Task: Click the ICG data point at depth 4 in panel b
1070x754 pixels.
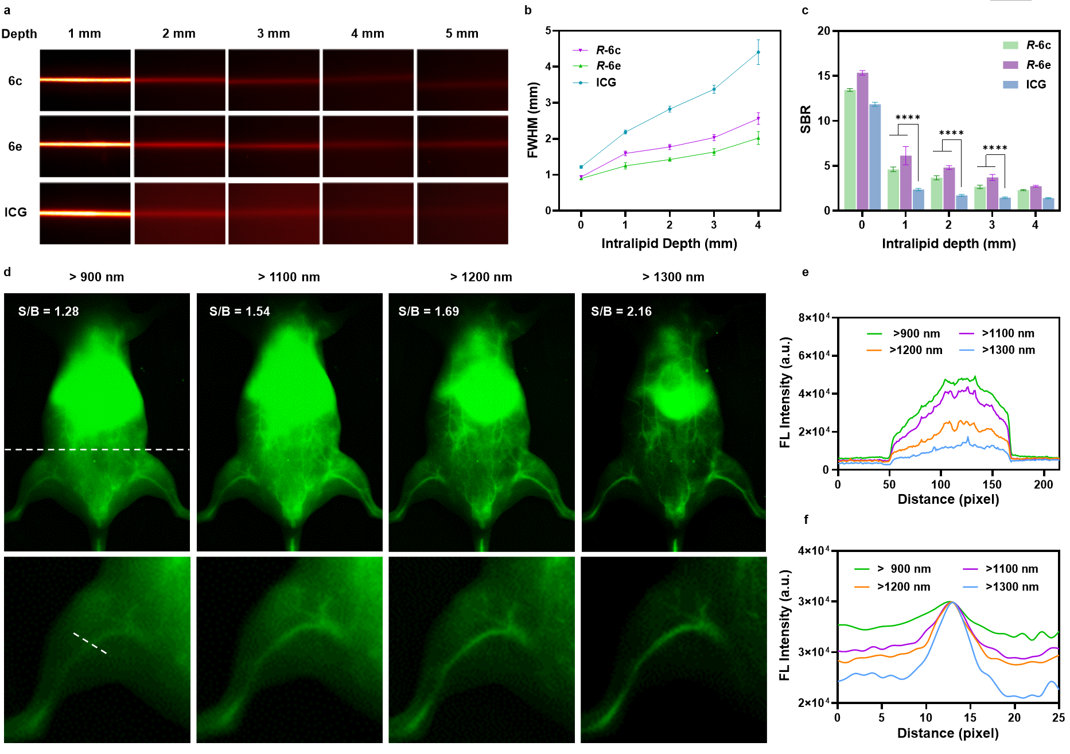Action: (x=758, y=52)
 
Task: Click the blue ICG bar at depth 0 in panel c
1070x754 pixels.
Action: (x=874, y=157)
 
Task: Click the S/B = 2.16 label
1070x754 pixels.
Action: (x=621, y=312)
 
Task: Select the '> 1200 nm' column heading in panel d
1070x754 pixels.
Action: (x=481, y=277)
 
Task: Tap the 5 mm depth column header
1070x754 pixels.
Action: (x=462, y=34)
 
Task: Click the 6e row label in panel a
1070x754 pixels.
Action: (x=15, y=146)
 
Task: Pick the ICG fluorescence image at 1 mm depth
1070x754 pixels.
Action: (x=85, y=213)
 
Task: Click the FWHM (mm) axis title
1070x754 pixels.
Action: (x=533, y=120)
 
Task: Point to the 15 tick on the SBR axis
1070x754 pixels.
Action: (x=823, y=76)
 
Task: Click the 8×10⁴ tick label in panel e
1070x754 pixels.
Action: (x=814, y=317)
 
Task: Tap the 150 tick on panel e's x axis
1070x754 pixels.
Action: (x=992, y=484)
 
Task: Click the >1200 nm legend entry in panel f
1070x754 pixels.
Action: (x=904, y=586)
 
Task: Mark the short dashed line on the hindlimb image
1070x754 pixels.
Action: (x=90, y=643)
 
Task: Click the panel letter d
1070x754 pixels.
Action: (x=7, y=271)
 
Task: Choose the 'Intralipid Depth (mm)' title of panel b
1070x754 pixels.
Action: (x=669, y=243)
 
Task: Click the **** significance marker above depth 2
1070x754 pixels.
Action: (x=951, y=133)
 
